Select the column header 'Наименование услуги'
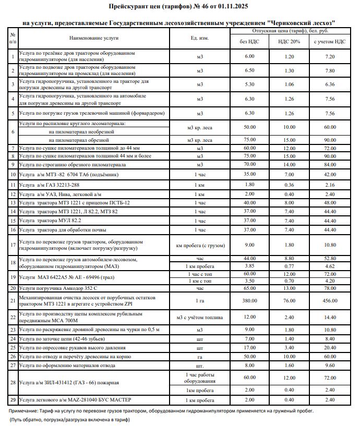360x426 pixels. [94, 38]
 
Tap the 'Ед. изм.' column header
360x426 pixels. [200, 38]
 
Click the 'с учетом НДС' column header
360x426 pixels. [329, 42]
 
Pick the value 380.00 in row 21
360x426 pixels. [249, 301]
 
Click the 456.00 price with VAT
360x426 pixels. [329, 301]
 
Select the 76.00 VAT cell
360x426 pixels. [289, 301]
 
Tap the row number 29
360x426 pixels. [13, 400]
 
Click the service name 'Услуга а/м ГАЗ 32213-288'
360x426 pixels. [49, 185]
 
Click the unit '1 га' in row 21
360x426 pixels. [200, 301]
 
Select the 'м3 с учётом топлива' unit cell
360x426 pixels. [200, 317]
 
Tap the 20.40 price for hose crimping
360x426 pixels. [329, 347]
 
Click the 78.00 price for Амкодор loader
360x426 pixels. [329, 288]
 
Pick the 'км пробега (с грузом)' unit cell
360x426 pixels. [200, 245]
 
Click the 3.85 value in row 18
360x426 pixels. [249, 266]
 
